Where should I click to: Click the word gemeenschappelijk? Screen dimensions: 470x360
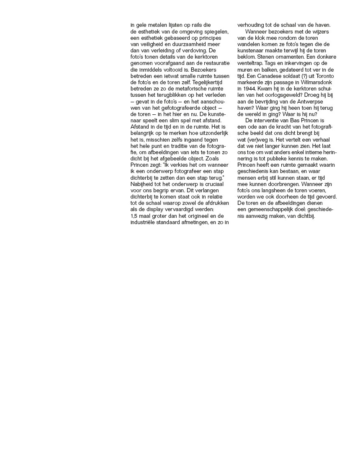tap(272, 209)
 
